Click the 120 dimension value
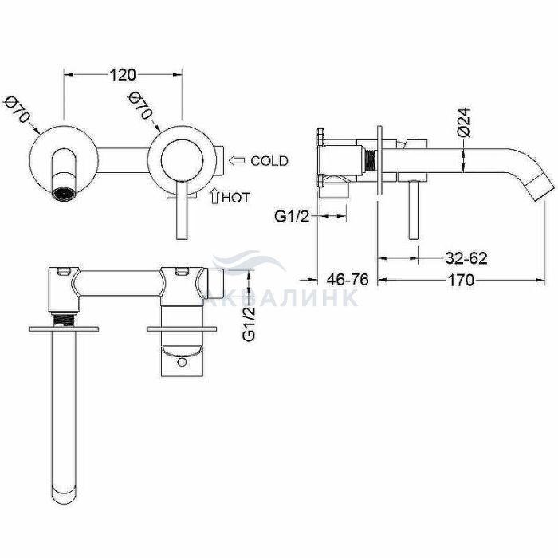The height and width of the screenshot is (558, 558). pyautogui.click(x=122, y=75)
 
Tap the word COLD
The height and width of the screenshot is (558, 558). pyautogui.click(x=269, y=161)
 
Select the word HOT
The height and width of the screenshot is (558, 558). pyautogui.click(x=236, y=198)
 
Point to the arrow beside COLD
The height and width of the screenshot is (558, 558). pyautogui.click(x=237, y=161)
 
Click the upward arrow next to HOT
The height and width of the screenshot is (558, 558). pyautogui.click(x=214, y=196)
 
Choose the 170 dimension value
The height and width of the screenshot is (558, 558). pyautogui.click(x=461, y=280)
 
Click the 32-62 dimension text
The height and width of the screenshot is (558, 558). pyautogui.click(x=466, y=258)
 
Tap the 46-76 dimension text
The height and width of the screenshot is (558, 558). pyautogui.click(x=348, y=280)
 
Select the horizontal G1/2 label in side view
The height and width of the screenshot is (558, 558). pyautogui.click(x=292, y=216)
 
